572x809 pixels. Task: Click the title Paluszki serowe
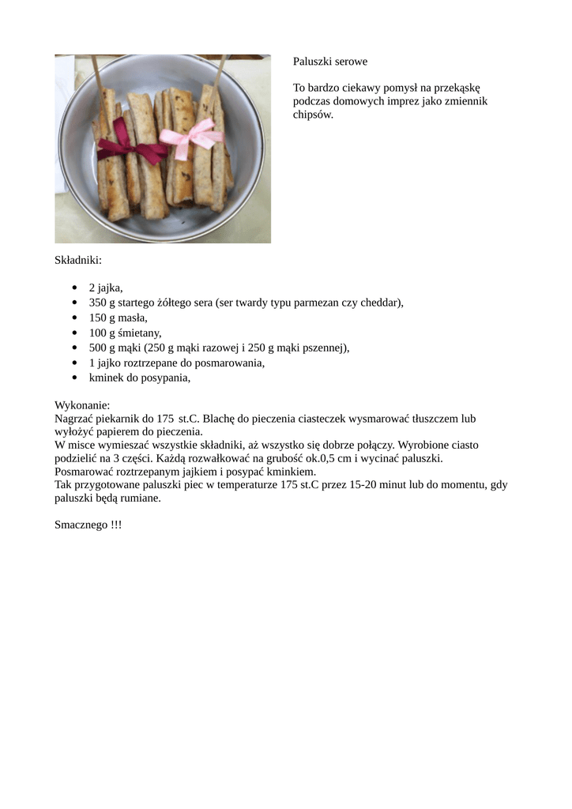(x=330, y=61)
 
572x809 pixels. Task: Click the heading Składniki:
(x=78, y=259)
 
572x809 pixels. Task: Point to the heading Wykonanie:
(x=82, y=404)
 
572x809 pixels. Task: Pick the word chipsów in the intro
(x=312, y=115)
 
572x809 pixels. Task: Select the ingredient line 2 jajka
(x=106, y=288)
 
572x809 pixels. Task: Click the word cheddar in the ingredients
(x=381, y=303)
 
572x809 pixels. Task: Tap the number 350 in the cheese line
(x=97, y=303)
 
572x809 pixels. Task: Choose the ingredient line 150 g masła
(x=118, y=318)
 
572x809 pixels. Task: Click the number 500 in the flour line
(x=97, y=348)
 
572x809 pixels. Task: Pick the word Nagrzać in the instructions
(x=73, y=418)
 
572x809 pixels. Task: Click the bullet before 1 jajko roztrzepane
(x=74, y=363)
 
